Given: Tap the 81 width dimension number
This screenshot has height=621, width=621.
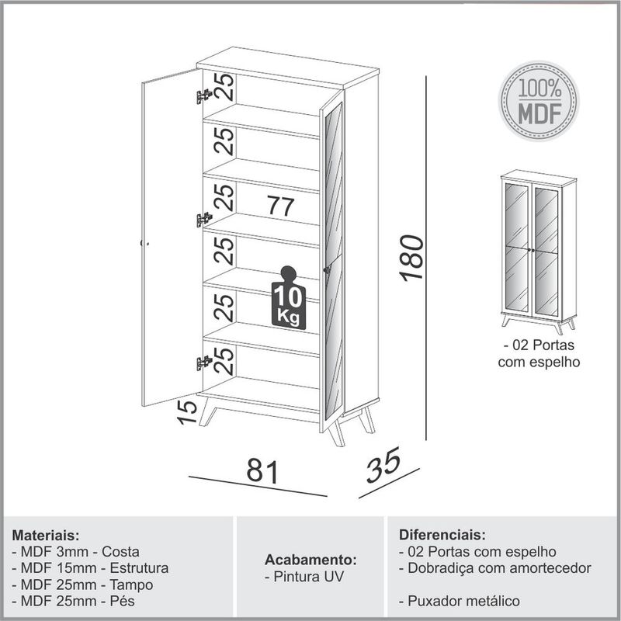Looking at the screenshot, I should coord(262,471).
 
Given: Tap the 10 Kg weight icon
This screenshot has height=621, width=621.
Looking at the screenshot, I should coord(288,300).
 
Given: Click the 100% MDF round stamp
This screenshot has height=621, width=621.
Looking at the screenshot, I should coord(539,102).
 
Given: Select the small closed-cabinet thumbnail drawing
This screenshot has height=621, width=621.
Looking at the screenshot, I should coord(538,251).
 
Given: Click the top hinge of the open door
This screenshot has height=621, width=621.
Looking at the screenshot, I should coord(204,96).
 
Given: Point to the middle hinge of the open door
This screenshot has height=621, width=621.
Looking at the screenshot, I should coord(204,220).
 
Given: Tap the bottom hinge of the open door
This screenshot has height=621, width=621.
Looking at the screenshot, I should coord(204,362).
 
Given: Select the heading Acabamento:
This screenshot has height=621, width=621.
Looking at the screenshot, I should coord(310,560).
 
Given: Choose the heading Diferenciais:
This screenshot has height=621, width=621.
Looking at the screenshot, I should coord(442,536).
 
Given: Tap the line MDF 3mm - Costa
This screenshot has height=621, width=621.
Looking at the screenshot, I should coord(76,552).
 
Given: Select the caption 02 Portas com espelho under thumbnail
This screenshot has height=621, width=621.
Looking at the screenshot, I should coord(539,352).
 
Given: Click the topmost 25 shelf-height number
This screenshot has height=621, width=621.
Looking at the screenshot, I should coord(224,86).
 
